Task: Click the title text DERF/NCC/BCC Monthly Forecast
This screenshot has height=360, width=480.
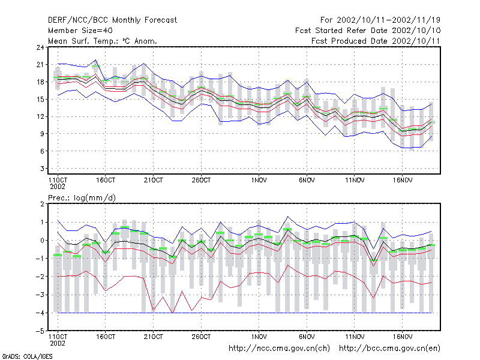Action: pyautogui.click(x=112, y=20)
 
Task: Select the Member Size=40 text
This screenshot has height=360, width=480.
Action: pyautogui.click(x=80, y=31)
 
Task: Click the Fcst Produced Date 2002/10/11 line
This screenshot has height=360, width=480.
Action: pyautogui.click(x=376, y=41)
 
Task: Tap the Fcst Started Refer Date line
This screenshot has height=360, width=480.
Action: pyautogui.click(x=368, y=31)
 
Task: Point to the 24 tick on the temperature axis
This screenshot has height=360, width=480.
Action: pyautogui.click(x=40, y=47)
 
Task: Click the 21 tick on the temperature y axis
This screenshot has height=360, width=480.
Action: pyautogui.click(x=40, y=65)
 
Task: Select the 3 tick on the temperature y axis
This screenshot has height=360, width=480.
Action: pyautogui.click(x=42, y=169)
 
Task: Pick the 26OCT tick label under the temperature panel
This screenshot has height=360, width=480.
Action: pyautogui.click(x=201, y=181)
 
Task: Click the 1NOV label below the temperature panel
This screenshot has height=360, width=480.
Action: pyautogui.click(x=259, y=181)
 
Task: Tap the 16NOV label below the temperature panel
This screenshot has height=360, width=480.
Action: pyautogui.click(x=402, y=181)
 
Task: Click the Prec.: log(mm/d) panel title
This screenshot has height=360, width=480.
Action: pyautogui.click(x=82, y=198)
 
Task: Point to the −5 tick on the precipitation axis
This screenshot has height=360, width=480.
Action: pyautogui.click(x=40, y=331)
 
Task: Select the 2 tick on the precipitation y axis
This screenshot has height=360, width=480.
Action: pyautogui.click(x=42, y=204)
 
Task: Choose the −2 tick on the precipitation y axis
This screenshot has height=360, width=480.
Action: pyautogui.click(x=40, y=277)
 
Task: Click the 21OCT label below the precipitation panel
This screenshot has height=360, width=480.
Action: pyautogui.click(x=154, y=337)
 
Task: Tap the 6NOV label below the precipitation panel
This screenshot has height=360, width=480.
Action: pyautogui.click(x=307, y=337)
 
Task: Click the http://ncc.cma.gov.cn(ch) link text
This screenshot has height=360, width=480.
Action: pyautogui.click(x=279, y=349)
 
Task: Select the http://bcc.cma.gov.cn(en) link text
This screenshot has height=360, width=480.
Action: pyautogui.click(x=389, y=349)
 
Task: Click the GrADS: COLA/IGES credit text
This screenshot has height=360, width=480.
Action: pyautogui.click(x=27, y=356)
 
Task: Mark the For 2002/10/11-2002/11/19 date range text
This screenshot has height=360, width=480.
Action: pyautogui.click(x=380, y=20)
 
